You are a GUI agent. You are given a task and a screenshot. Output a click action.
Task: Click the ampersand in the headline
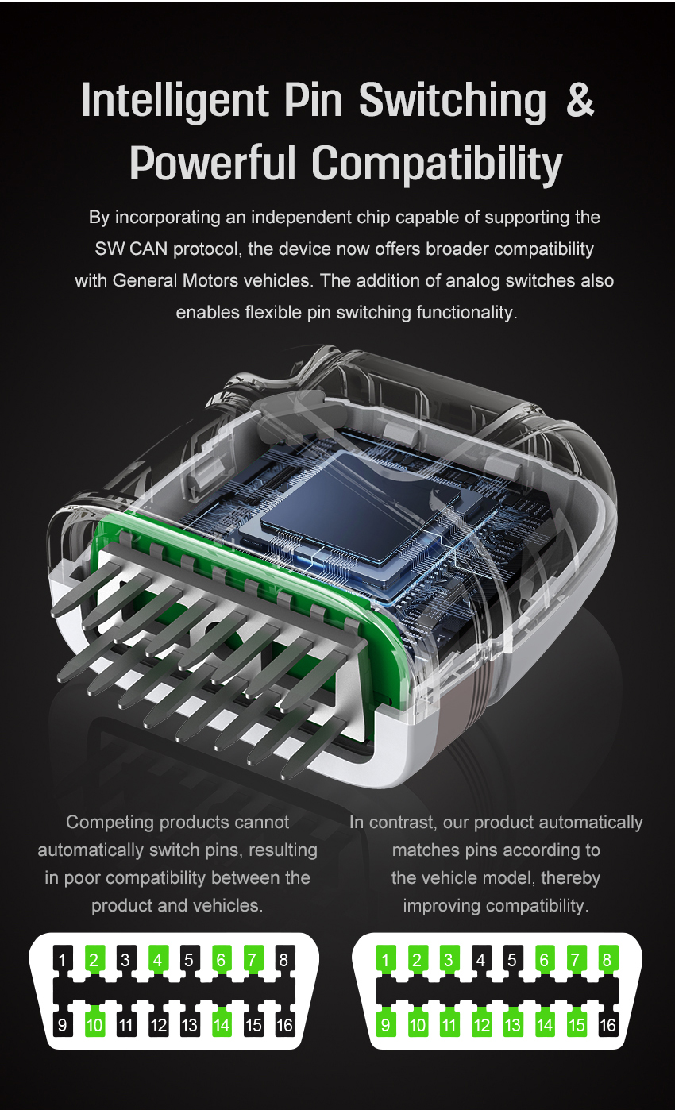580,99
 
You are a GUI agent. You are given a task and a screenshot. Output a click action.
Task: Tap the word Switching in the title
453,102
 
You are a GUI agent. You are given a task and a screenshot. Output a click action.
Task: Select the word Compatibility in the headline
437,164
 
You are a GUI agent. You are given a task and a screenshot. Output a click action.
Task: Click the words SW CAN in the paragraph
131,249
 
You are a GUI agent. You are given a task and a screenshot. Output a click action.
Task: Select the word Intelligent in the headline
175,102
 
